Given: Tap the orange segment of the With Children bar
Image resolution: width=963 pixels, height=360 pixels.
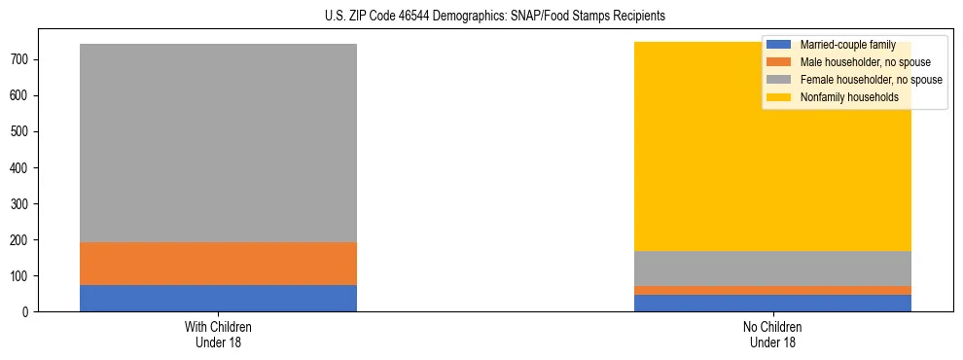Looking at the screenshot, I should (218, 264).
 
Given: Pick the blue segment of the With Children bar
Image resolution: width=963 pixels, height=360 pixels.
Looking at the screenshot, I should (218, 298).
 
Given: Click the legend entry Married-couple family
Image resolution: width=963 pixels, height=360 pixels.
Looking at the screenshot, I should (846, 45).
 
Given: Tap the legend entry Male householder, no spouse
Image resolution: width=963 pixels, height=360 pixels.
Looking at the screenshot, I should (859, 62).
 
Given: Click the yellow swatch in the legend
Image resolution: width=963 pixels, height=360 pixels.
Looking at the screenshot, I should (779, 97).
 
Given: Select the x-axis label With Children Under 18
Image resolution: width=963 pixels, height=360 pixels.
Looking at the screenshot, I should (218, 334).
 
